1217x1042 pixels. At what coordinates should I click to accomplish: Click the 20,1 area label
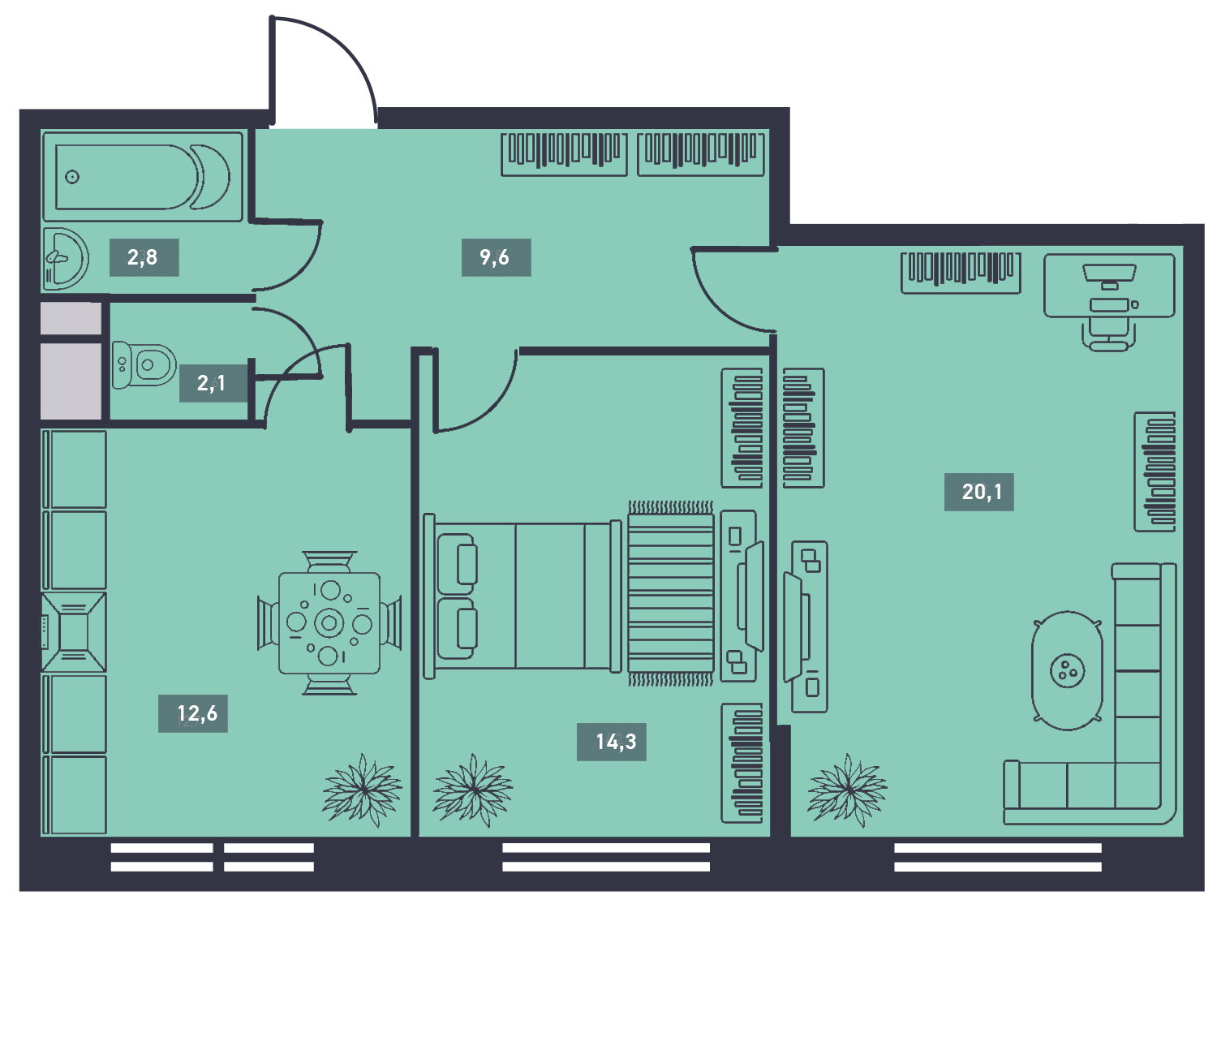tap(982, 492)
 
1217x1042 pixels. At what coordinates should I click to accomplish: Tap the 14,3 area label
tap(616, 742)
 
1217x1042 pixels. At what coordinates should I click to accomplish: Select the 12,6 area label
tap(197, 713)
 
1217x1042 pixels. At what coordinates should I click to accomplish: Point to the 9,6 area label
tap(494, 257)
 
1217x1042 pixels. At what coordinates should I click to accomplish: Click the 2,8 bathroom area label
tap(143, 257)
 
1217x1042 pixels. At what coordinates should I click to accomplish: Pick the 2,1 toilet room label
tap(211, 384)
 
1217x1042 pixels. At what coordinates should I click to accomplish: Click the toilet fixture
tap(144, 364)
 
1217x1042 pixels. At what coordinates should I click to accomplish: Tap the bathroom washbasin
tap(66, 259)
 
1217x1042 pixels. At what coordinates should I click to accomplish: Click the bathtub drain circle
tap(72, 177)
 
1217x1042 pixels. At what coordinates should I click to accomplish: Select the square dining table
tap(329, 623)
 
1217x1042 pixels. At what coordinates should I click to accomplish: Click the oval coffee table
tap(1067, 671)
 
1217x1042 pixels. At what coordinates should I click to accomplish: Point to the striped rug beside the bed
tap(671, 594)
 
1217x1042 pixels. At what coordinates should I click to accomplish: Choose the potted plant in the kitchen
tap(362, 790)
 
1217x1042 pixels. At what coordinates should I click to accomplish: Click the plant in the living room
tap(847, 790)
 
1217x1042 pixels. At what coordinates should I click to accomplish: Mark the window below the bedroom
tap(606, 857)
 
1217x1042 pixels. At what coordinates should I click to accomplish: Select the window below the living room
tap(998, 857)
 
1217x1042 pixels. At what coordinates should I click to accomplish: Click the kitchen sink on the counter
tap(74, 633)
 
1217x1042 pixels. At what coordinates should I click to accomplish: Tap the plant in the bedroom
tap(473, 790)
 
